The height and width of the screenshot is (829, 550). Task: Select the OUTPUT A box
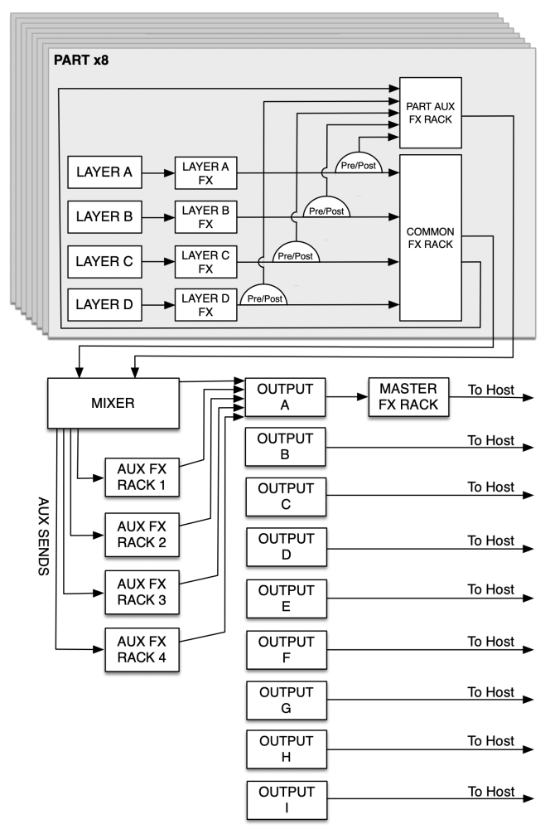[x=286, y=396]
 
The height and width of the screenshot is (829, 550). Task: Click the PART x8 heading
[x=82, y=61]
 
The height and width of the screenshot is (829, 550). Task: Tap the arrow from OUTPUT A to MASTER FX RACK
[x=347, y=397]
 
